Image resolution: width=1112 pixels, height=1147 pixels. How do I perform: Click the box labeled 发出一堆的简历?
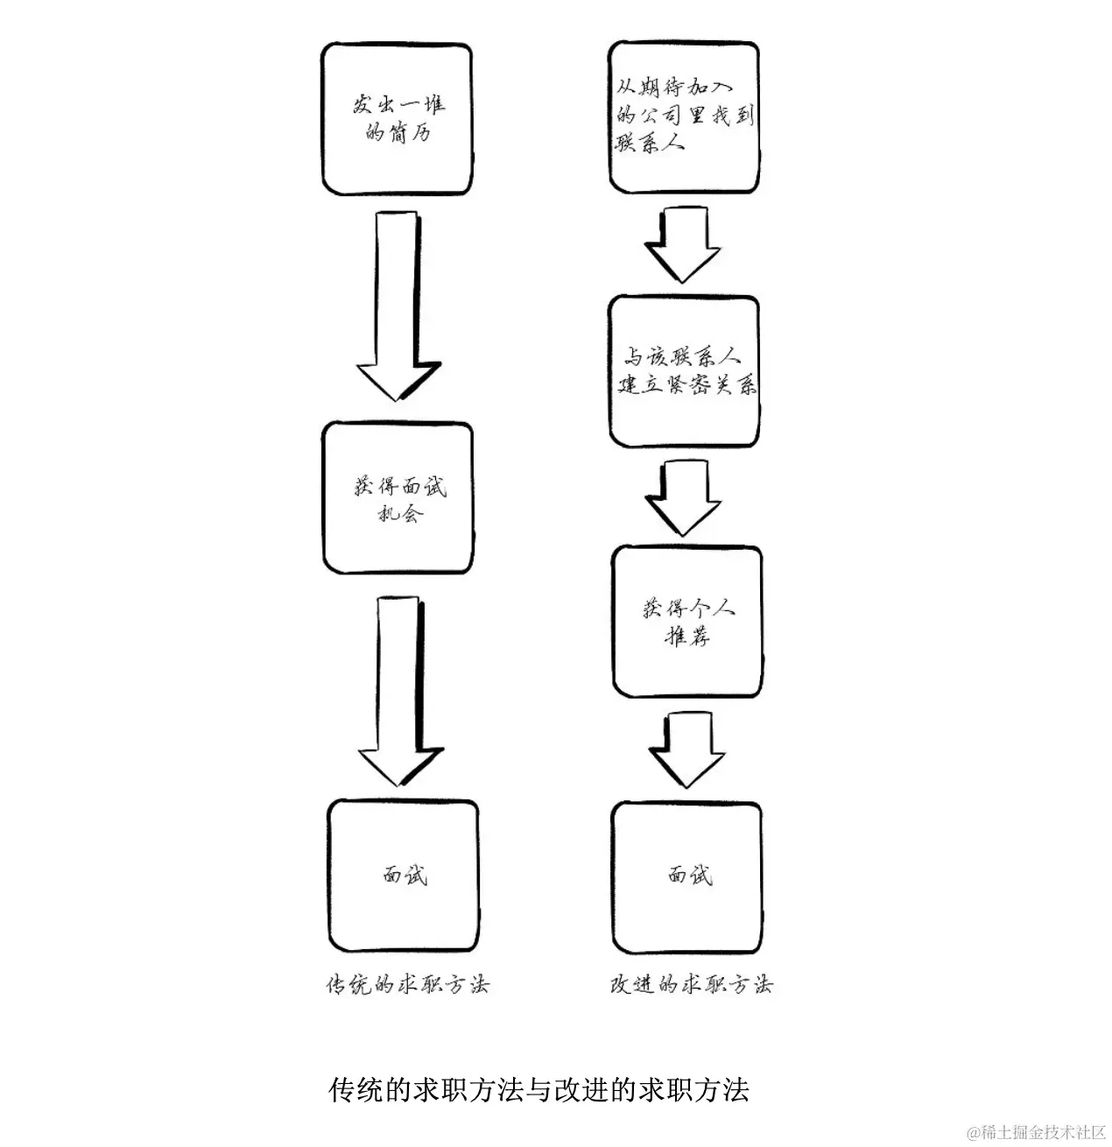(397, 118)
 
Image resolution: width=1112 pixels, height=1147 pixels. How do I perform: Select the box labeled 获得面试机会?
(398, 498)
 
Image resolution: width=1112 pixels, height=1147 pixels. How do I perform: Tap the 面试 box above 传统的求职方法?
(404, 875)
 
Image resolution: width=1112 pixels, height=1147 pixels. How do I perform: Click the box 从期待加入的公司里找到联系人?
(683, 116)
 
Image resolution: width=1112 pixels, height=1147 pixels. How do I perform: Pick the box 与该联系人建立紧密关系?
(684, 371)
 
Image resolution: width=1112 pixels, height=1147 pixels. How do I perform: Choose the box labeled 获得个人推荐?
(686, 621)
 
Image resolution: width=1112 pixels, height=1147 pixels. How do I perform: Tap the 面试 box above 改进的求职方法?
(686, 875)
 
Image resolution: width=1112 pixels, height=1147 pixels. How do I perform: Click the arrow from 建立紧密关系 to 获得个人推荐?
(683, 496)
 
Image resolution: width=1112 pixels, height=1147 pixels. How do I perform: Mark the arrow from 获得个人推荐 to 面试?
(686, 749)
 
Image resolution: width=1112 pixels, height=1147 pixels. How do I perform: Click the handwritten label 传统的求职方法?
(407, 984)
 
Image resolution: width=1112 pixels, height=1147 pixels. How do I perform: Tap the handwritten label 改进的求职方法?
(691, 984)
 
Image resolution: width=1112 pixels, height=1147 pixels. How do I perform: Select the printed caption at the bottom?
(538, 1090)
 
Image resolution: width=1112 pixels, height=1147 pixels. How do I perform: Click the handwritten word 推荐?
(687, 636)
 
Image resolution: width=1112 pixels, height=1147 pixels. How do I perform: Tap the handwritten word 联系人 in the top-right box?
(650, 142)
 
